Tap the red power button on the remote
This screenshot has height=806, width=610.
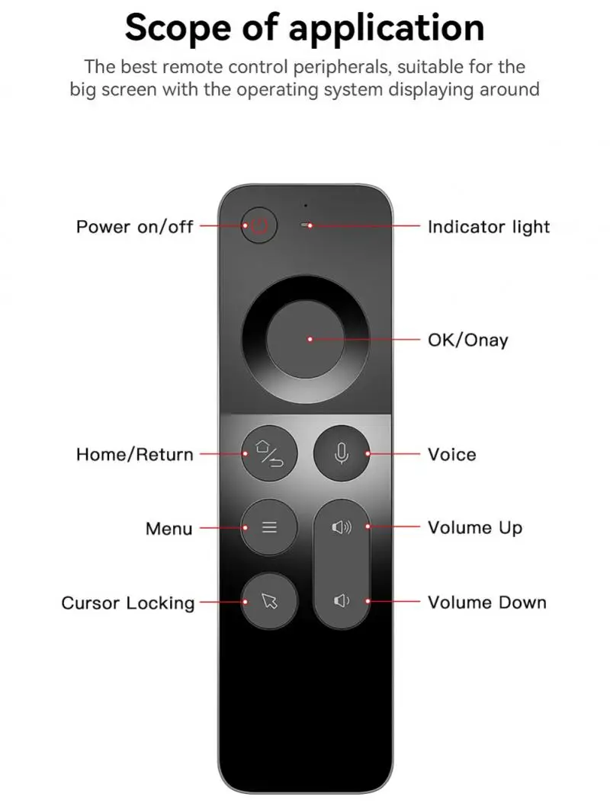click(259, 226)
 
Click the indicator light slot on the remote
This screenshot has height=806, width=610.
click(307, 226)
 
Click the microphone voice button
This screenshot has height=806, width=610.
click(342, 454)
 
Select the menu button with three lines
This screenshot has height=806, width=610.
click(269, 527)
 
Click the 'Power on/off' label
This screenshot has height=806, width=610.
click(134, 227)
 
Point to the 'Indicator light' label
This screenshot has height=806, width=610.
click(489, 227)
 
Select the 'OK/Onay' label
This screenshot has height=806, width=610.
click(467, 340)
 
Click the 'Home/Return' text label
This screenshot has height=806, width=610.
click(134, 455)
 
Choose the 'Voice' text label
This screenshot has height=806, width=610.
click(451, 455)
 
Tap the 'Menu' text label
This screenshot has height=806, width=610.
click(169, 529)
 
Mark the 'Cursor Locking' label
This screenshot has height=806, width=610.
click(128, 603)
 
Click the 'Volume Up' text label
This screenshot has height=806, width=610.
click(474, 528)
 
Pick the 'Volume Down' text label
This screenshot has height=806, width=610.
click(486, 603)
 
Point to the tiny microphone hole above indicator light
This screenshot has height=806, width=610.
click(306, 205)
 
